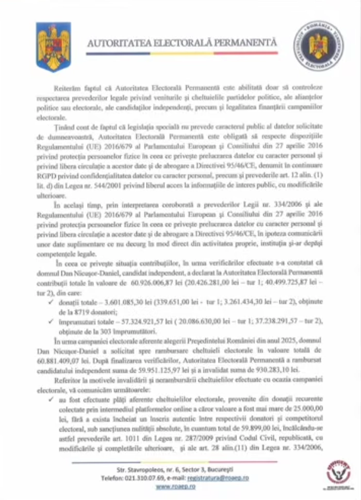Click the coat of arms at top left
coord(53,46)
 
